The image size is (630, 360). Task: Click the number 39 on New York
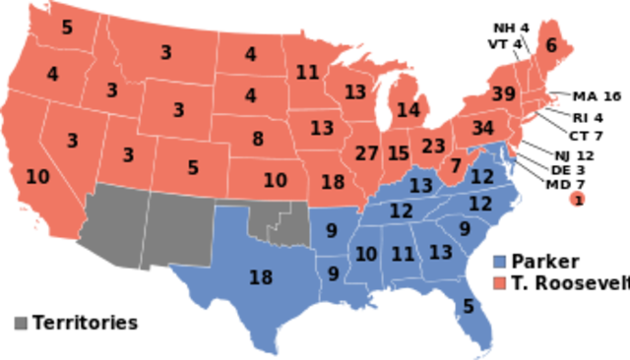tap(502, 94)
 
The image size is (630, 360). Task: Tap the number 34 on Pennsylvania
tap(482, 128)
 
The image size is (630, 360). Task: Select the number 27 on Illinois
tap(366, 153)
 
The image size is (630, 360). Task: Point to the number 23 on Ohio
tap(433, 146)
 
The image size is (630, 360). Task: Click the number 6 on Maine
tap(551, 45)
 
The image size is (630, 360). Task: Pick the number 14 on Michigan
tap(408, 109)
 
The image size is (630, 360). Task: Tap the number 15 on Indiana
tap(398, 153)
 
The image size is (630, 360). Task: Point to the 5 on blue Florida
tap(469, 306)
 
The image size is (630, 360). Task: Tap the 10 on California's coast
tap(37, 177)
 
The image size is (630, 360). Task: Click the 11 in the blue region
tap(402, 254)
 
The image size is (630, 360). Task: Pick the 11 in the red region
tap(307, 72)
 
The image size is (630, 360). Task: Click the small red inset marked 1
tap(578, 201)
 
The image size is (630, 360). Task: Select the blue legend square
tap(500, 263)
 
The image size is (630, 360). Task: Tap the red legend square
tap(500, 283)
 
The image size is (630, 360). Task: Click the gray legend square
tap(21, 322)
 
